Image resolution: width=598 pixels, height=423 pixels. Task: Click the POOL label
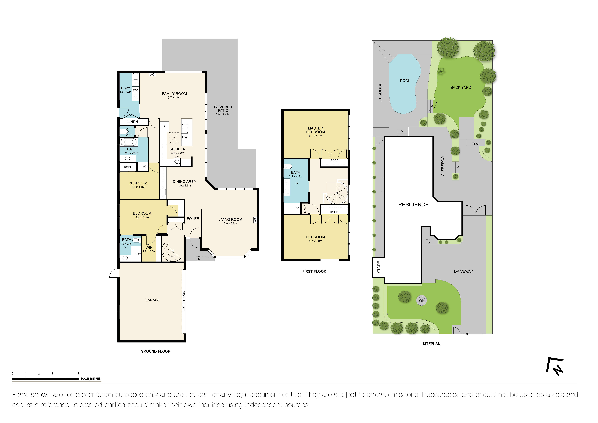pos(405,81)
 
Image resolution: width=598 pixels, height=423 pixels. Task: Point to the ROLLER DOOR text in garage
pos(184,301)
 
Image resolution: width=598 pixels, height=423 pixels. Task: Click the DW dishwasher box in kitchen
pos(185,137)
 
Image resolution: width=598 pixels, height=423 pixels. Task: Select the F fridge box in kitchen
pos(164,127)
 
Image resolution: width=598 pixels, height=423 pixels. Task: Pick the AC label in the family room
pos(152,74)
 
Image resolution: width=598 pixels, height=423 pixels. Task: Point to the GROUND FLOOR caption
pos(156,351)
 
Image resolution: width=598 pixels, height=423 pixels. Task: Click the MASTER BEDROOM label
pos(315,130)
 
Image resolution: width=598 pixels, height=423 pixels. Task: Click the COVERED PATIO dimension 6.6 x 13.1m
pos(223,115)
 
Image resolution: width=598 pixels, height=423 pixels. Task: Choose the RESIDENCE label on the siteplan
pos(413,205)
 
